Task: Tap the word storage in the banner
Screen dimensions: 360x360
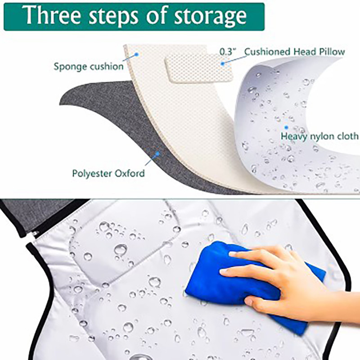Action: coord(210,17)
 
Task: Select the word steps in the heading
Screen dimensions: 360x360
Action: coord(113,17)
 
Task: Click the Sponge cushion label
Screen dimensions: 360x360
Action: coord(89,67)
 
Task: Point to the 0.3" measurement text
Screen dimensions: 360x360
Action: coord(228,52)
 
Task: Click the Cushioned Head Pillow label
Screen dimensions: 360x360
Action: coord(295,52)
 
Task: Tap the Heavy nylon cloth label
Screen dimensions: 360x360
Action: coord(320,136)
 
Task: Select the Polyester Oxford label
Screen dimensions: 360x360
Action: coord(108,173)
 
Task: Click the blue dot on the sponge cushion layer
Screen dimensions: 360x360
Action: coord(136,54)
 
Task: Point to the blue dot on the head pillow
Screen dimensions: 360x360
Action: coord(222,63)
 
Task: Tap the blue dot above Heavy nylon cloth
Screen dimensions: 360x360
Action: coord(286,127)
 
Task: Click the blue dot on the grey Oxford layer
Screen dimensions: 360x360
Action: coord(157,153)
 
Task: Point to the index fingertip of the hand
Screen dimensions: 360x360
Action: coord(232,254)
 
